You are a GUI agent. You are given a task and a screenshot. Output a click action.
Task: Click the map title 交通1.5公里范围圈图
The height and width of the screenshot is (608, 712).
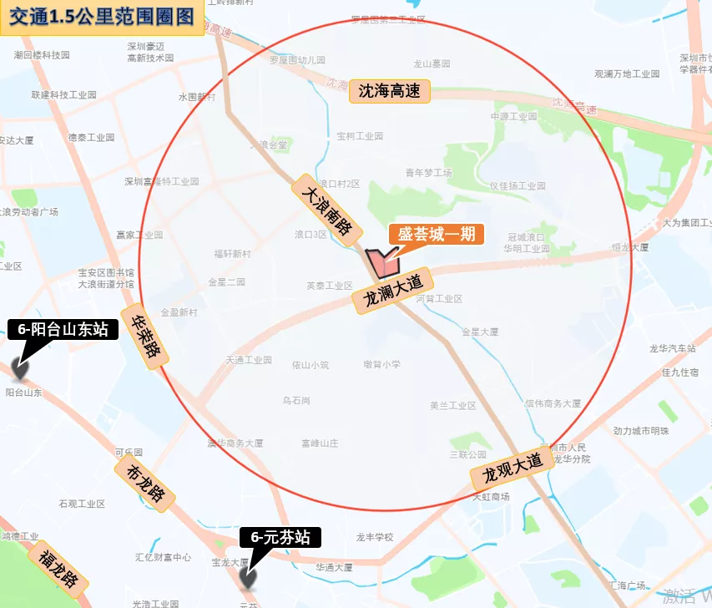(x=102, y=17)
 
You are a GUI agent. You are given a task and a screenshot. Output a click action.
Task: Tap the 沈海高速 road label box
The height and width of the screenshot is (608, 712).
(x=389, y=91)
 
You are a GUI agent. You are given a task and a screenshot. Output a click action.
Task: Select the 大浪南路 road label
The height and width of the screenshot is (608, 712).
(x=328, y=210)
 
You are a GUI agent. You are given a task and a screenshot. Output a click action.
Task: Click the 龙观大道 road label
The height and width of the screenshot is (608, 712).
(x=512, y=471)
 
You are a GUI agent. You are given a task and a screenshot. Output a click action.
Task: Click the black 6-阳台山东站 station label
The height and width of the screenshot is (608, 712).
(x=63, y=330)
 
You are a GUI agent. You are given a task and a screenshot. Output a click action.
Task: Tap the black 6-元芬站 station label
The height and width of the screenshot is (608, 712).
(x=280, y=538)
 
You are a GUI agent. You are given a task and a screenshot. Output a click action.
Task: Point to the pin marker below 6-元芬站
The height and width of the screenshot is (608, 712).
(x=247, y=579)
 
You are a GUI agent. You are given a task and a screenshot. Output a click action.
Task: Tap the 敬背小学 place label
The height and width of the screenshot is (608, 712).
(x=381, y=364)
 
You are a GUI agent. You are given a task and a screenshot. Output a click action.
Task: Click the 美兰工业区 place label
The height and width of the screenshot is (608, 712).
(x=452, y=406)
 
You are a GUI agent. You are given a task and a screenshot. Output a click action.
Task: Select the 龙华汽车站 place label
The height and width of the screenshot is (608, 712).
(x=673, y=348)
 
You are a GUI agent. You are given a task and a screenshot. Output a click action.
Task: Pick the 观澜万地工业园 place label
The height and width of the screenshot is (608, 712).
(x=626, y=73)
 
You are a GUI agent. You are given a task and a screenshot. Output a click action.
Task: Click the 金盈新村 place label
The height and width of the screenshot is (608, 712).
(x=179, y=312)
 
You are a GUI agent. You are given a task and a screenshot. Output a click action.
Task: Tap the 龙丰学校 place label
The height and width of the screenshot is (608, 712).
(x=374, y=537)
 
